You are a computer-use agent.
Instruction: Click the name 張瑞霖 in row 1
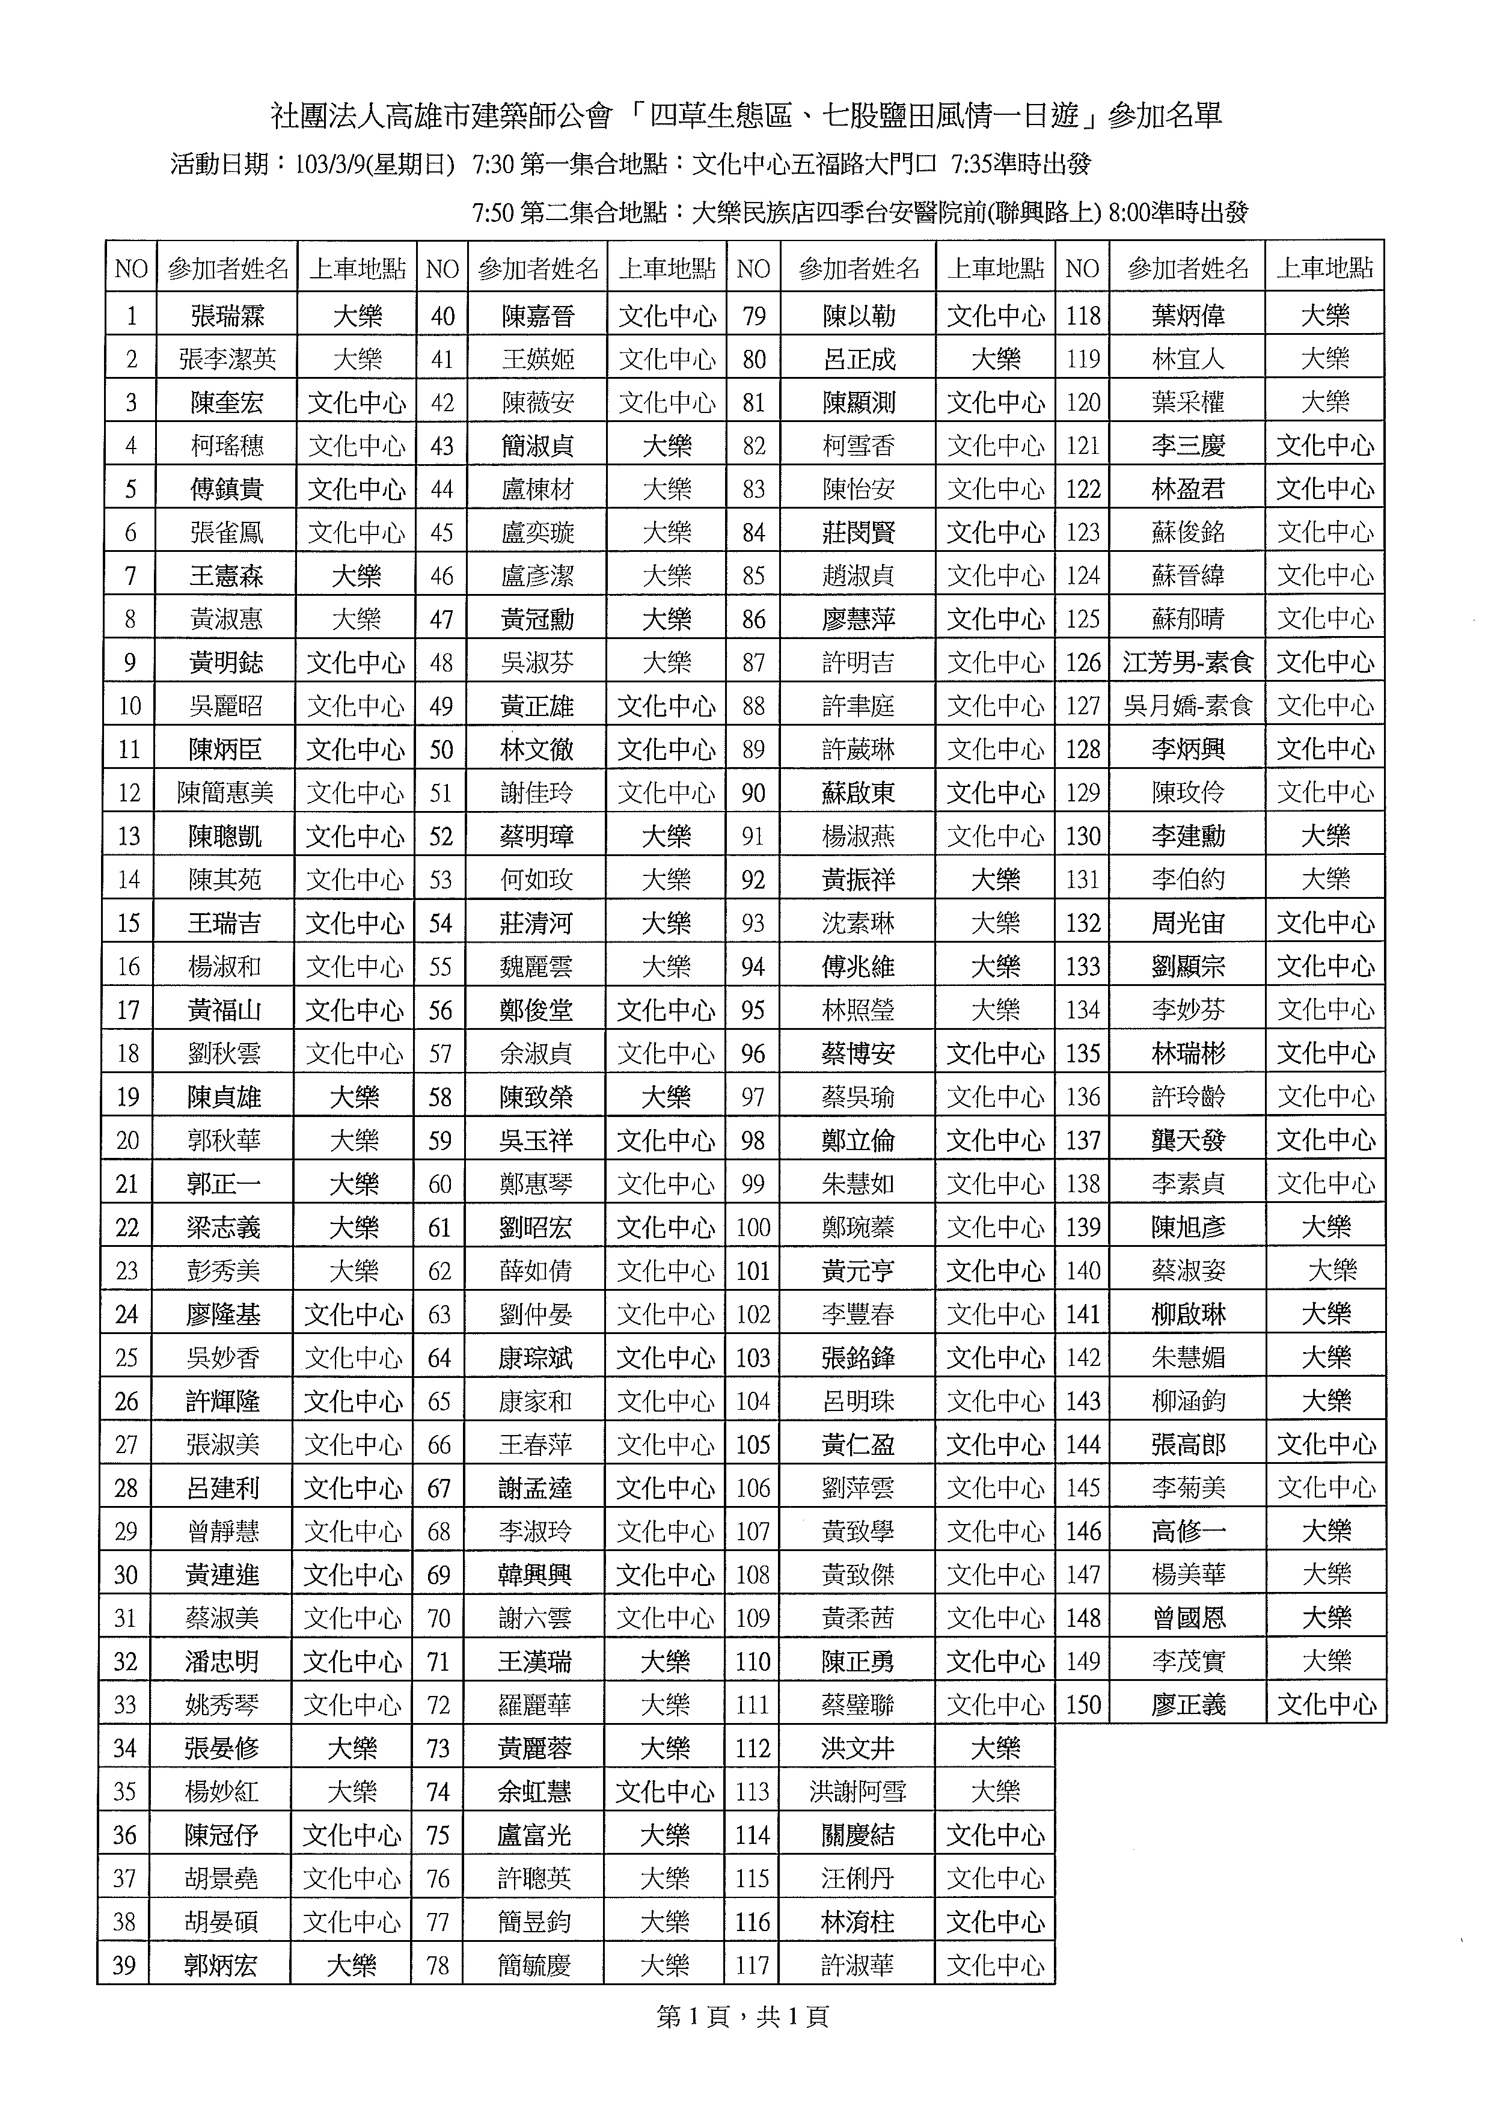pyautogui.click(x=227, y=316)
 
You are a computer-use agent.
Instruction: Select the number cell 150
pyautogui.click(x=1083, y=1705)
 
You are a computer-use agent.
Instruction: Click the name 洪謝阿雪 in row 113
pyautogui.click(x=857, y=1791)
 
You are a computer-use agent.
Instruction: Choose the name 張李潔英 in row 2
pyautogui.click(x=227, y=359)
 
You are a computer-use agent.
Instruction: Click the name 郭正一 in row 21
pyautogui.click(x=223, y=1183)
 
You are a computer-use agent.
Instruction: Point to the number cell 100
pyautogui.click(x=752, y=1227)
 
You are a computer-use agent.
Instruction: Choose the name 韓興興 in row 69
pyautogui.click(x=534, y=1575)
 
